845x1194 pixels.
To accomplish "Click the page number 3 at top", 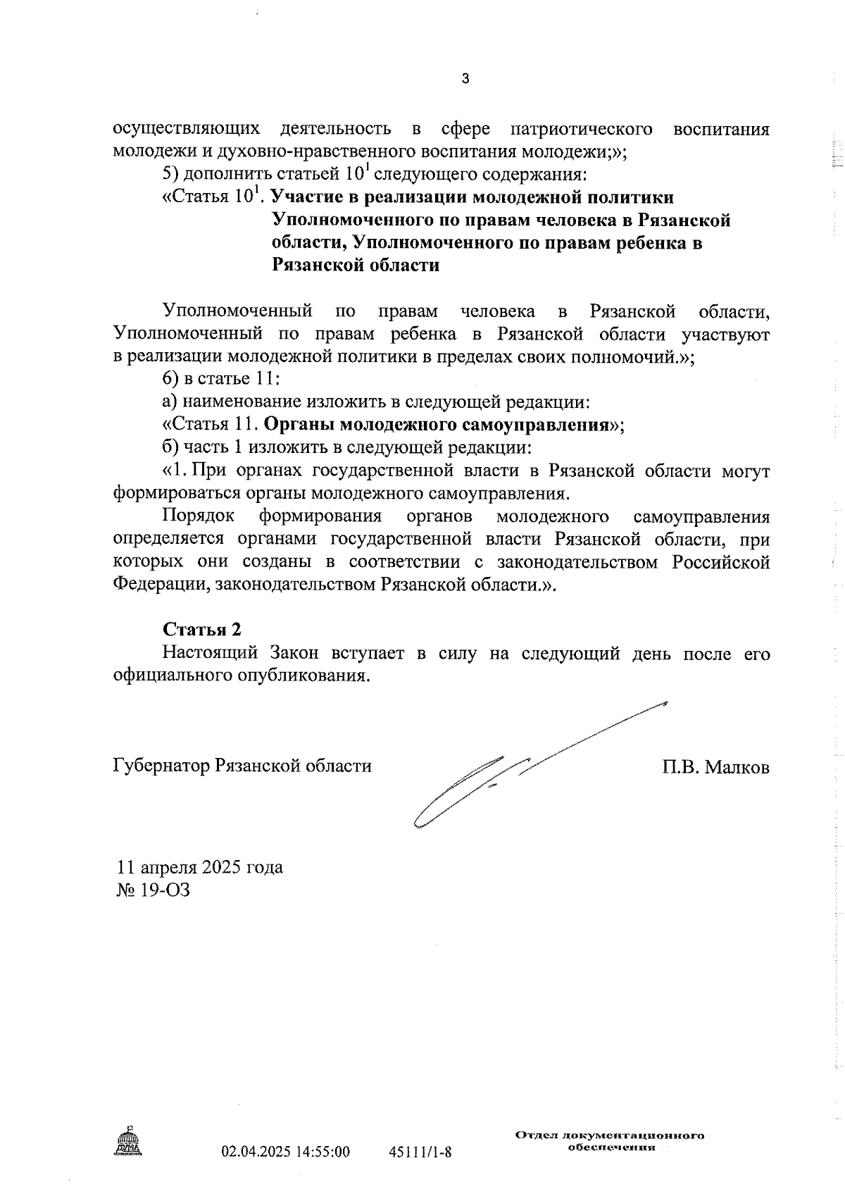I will click(465, 79).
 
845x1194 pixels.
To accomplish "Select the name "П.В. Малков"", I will click(715, 766).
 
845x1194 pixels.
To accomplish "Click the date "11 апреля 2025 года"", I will click(200, 866).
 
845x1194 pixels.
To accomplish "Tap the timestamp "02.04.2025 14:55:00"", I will click(285, 1152).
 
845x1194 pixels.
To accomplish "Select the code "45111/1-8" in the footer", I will click(420, 1152).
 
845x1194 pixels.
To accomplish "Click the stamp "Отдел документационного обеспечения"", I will click(610, 1140).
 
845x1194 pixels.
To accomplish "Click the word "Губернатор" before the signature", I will click(161, 766).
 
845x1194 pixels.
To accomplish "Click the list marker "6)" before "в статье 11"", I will click(171, 379).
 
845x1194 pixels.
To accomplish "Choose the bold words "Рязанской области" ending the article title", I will click(356, 266).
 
